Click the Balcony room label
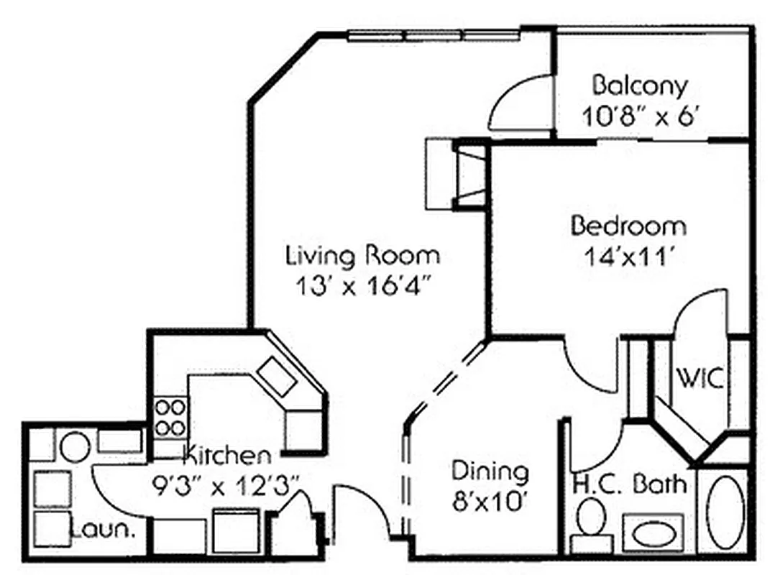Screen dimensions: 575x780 click(640, 86)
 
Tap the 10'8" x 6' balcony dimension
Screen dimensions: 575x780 click(640, 116)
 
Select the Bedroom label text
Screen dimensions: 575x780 click(628, 226)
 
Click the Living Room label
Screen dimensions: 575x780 click(363, 255)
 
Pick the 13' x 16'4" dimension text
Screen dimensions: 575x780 click(363, 285)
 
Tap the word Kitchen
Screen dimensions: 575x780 click(228, 456)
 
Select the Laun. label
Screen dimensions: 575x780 click(104, 532)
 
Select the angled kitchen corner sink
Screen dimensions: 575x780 click(277, 376)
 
